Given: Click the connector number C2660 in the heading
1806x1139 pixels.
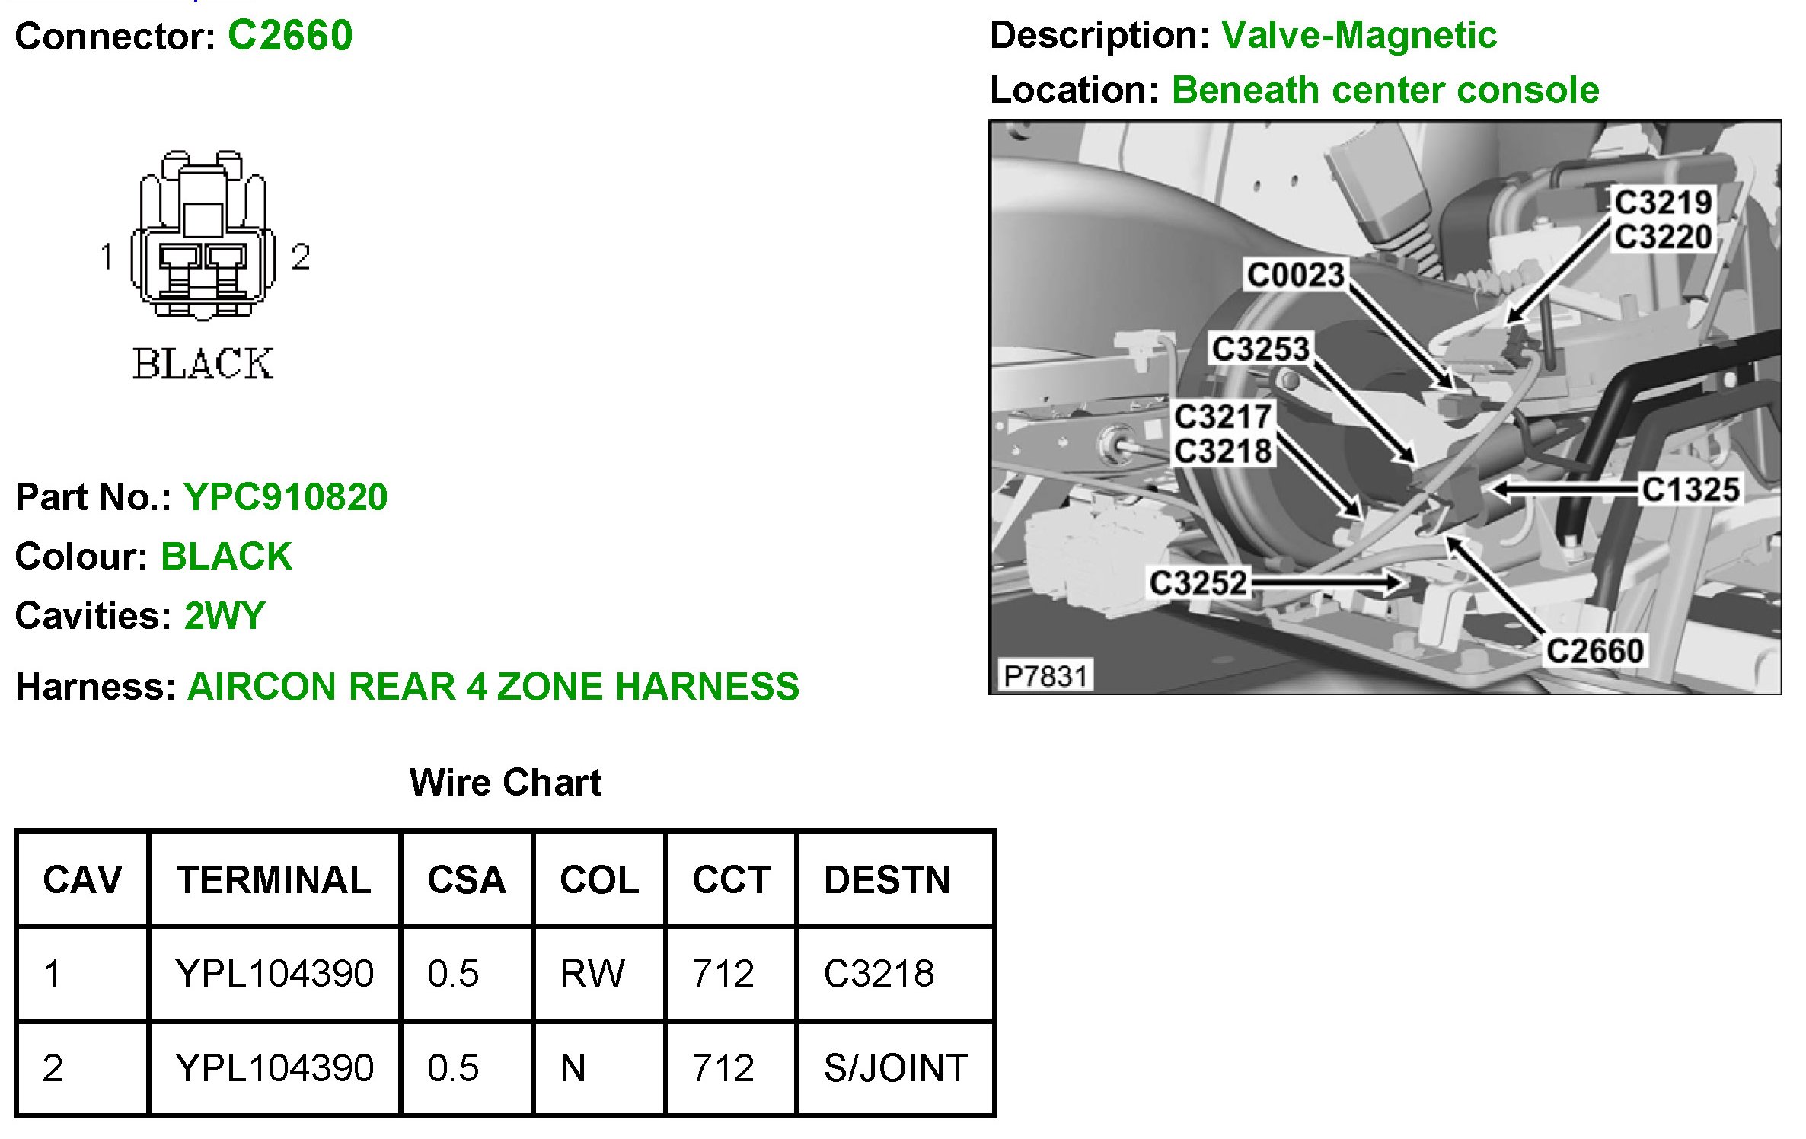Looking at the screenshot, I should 290,36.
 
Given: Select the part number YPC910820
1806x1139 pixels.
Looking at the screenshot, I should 286,497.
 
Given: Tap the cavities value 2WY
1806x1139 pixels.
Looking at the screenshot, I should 225,615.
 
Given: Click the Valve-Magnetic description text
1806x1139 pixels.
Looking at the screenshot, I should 1359,36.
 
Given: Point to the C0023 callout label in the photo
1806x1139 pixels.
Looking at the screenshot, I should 1295,275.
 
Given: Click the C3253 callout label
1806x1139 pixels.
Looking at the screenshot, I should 1261,349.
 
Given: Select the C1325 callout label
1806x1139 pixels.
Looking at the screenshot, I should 1690,490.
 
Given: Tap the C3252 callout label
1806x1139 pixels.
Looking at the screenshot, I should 1198,583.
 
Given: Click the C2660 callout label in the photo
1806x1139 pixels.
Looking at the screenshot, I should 1595,651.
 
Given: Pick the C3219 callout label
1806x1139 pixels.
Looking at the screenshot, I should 1664,203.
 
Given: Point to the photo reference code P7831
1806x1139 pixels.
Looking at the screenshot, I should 1045,675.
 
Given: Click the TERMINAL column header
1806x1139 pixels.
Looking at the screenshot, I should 274,880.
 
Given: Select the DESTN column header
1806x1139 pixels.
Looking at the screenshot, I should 887,880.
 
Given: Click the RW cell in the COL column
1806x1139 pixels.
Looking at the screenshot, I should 592,974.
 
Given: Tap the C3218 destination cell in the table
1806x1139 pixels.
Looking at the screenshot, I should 879,974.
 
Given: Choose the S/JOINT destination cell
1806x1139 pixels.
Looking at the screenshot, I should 895,1068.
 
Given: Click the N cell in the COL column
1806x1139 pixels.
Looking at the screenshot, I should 573,1068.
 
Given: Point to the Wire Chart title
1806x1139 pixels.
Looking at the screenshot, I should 506,783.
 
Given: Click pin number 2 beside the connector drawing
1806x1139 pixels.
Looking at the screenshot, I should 301,257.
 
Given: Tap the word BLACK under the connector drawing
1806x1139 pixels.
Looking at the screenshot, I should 203,364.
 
